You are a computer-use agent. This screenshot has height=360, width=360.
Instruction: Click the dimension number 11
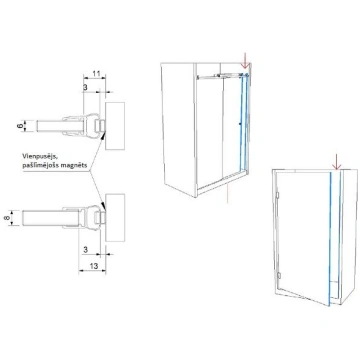pyautogui.click(x=96, y=74)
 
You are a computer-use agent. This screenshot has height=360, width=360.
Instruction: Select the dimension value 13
pyautogui.click(x=94, y=266)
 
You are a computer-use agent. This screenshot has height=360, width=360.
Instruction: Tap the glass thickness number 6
pyautogui.click(x=20, y=126)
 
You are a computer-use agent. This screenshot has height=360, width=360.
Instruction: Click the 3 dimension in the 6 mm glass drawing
pyautogui.click(x=85, y=87)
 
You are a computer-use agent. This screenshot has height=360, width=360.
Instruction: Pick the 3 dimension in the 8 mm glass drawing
pyautogui.click(x=85, y=250)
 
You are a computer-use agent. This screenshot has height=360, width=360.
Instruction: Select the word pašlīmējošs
pyautogui.click(x=40, y=166)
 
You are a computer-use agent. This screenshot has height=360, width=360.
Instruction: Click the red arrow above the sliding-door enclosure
pyautogui.click(x=246, y=61)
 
